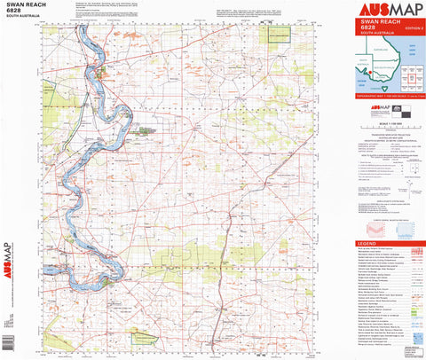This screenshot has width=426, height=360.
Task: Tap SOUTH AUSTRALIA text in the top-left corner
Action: [20, 18]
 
